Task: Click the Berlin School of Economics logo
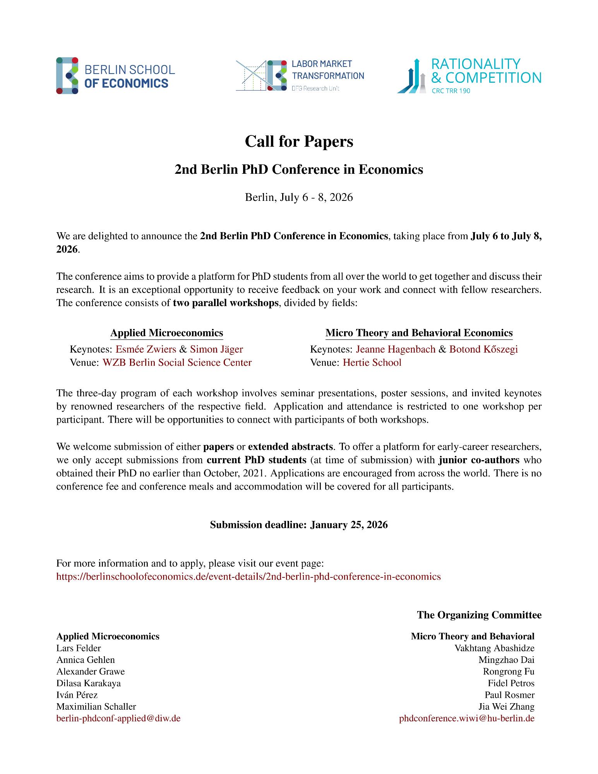115,76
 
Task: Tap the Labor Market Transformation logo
300,75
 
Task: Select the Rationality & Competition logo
469,76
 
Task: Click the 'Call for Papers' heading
299,142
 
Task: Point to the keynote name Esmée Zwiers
146,349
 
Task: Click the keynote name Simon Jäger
216,349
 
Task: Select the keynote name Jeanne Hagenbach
396,349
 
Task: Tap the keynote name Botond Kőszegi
483,349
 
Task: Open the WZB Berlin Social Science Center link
177,363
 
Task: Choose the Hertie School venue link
372,363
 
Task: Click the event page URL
248,577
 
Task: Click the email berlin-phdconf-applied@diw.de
118,718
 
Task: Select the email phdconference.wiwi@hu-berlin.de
467,718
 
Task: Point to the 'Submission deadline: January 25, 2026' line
299,525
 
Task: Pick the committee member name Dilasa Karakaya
89,683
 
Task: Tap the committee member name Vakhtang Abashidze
494,648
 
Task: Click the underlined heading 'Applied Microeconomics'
167,333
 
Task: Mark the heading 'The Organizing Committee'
479,615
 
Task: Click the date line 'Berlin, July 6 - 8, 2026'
299,197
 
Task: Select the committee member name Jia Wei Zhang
506,707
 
